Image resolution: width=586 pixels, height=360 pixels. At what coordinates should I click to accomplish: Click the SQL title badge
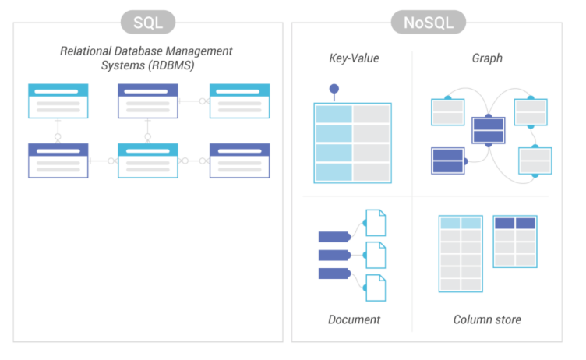147,21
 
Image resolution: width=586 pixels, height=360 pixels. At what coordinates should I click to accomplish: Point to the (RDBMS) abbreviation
169,65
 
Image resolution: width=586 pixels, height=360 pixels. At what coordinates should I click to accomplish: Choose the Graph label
487,58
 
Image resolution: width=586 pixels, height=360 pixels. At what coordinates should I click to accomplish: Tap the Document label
354,319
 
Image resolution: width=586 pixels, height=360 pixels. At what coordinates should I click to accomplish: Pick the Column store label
487,319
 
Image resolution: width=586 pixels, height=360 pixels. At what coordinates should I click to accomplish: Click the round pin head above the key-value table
334,89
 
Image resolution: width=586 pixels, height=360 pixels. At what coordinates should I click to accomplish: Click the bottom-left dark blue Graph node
448,161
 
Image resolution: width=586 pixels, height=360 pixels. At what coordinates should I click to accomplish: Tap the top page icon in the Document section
376,223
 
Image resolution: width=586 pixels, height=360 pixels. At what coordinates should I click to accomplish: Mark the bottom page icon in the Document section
376,286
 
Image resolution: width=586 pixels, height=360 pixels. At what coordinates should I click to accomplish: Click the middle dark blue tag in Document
334,255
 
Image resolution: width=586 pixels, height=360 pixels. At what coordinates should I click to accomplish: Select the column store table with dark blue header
514,242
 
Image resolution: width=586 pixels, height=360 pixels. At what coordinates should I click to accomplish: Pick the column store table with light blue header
461,254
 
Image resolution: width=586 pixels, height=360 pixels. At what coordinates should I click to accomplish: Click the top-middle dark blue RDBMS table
147,101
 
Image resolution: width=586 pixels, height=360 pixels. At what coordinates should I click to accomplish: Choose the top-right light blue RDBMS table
239,101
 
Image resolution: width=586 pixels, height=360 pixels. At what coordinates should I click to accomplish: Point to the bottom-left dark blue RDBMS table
58,160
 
